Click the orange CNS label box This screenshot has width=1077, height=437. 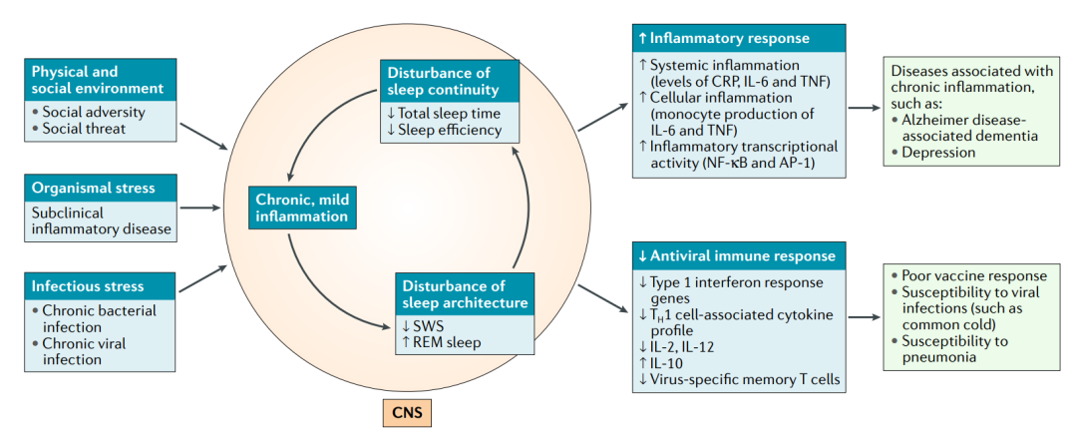point(407,414)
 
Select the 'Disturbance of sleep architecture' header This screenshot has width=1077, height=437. point(465,294)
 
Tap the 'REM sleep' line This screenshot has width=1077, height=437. point(439,341)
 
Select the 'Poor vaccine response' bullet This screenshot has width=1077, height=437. point(968,276)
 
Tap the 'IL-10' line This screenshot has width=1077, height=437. point(662,363)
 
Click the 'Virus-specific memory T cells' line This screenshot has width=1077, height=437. point(739,380)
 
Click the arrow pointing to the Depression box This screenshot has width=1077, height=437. point(864,108)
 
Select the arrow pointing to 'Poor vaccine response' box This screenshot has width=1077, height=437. point(864,317)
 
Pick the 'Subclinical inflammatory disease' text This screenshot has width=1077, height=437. point(101,220)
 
